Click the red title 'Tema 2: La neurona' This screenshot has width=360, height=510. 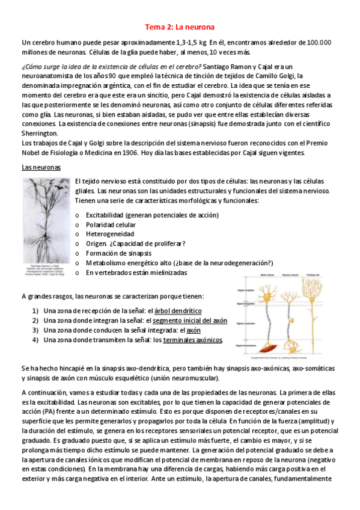[x=180, y=27]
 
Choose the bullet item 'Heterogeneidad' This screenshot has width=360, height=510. [x=110, y=233]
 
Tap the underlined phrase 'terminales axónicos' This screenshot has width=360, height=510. [x=188, y=340]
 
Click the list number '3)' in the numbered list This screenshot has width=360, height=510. [x=35, y=330]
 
